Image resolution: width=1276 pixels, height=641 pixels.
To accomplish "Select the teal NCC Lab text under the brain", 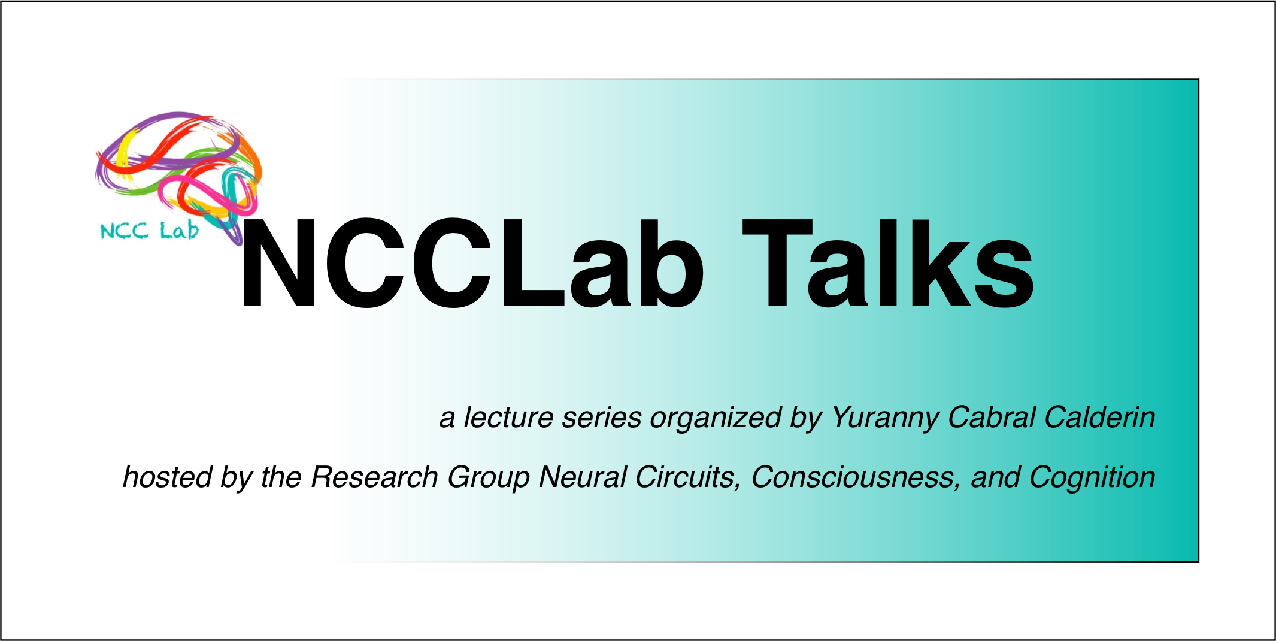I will (x=149, y=231).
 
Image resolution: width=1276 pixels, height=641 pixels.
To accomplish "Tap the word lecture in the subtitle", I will (x=508, y=418).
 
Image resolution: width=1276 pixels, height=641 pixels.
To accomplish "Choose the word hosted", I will (x=168, y=477).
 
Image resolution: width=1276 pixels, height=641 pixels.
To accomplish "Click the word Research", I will (x=374, y=477).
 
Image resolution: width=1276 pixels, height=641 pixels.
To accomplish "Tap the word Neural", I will (x=582, y=477).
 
